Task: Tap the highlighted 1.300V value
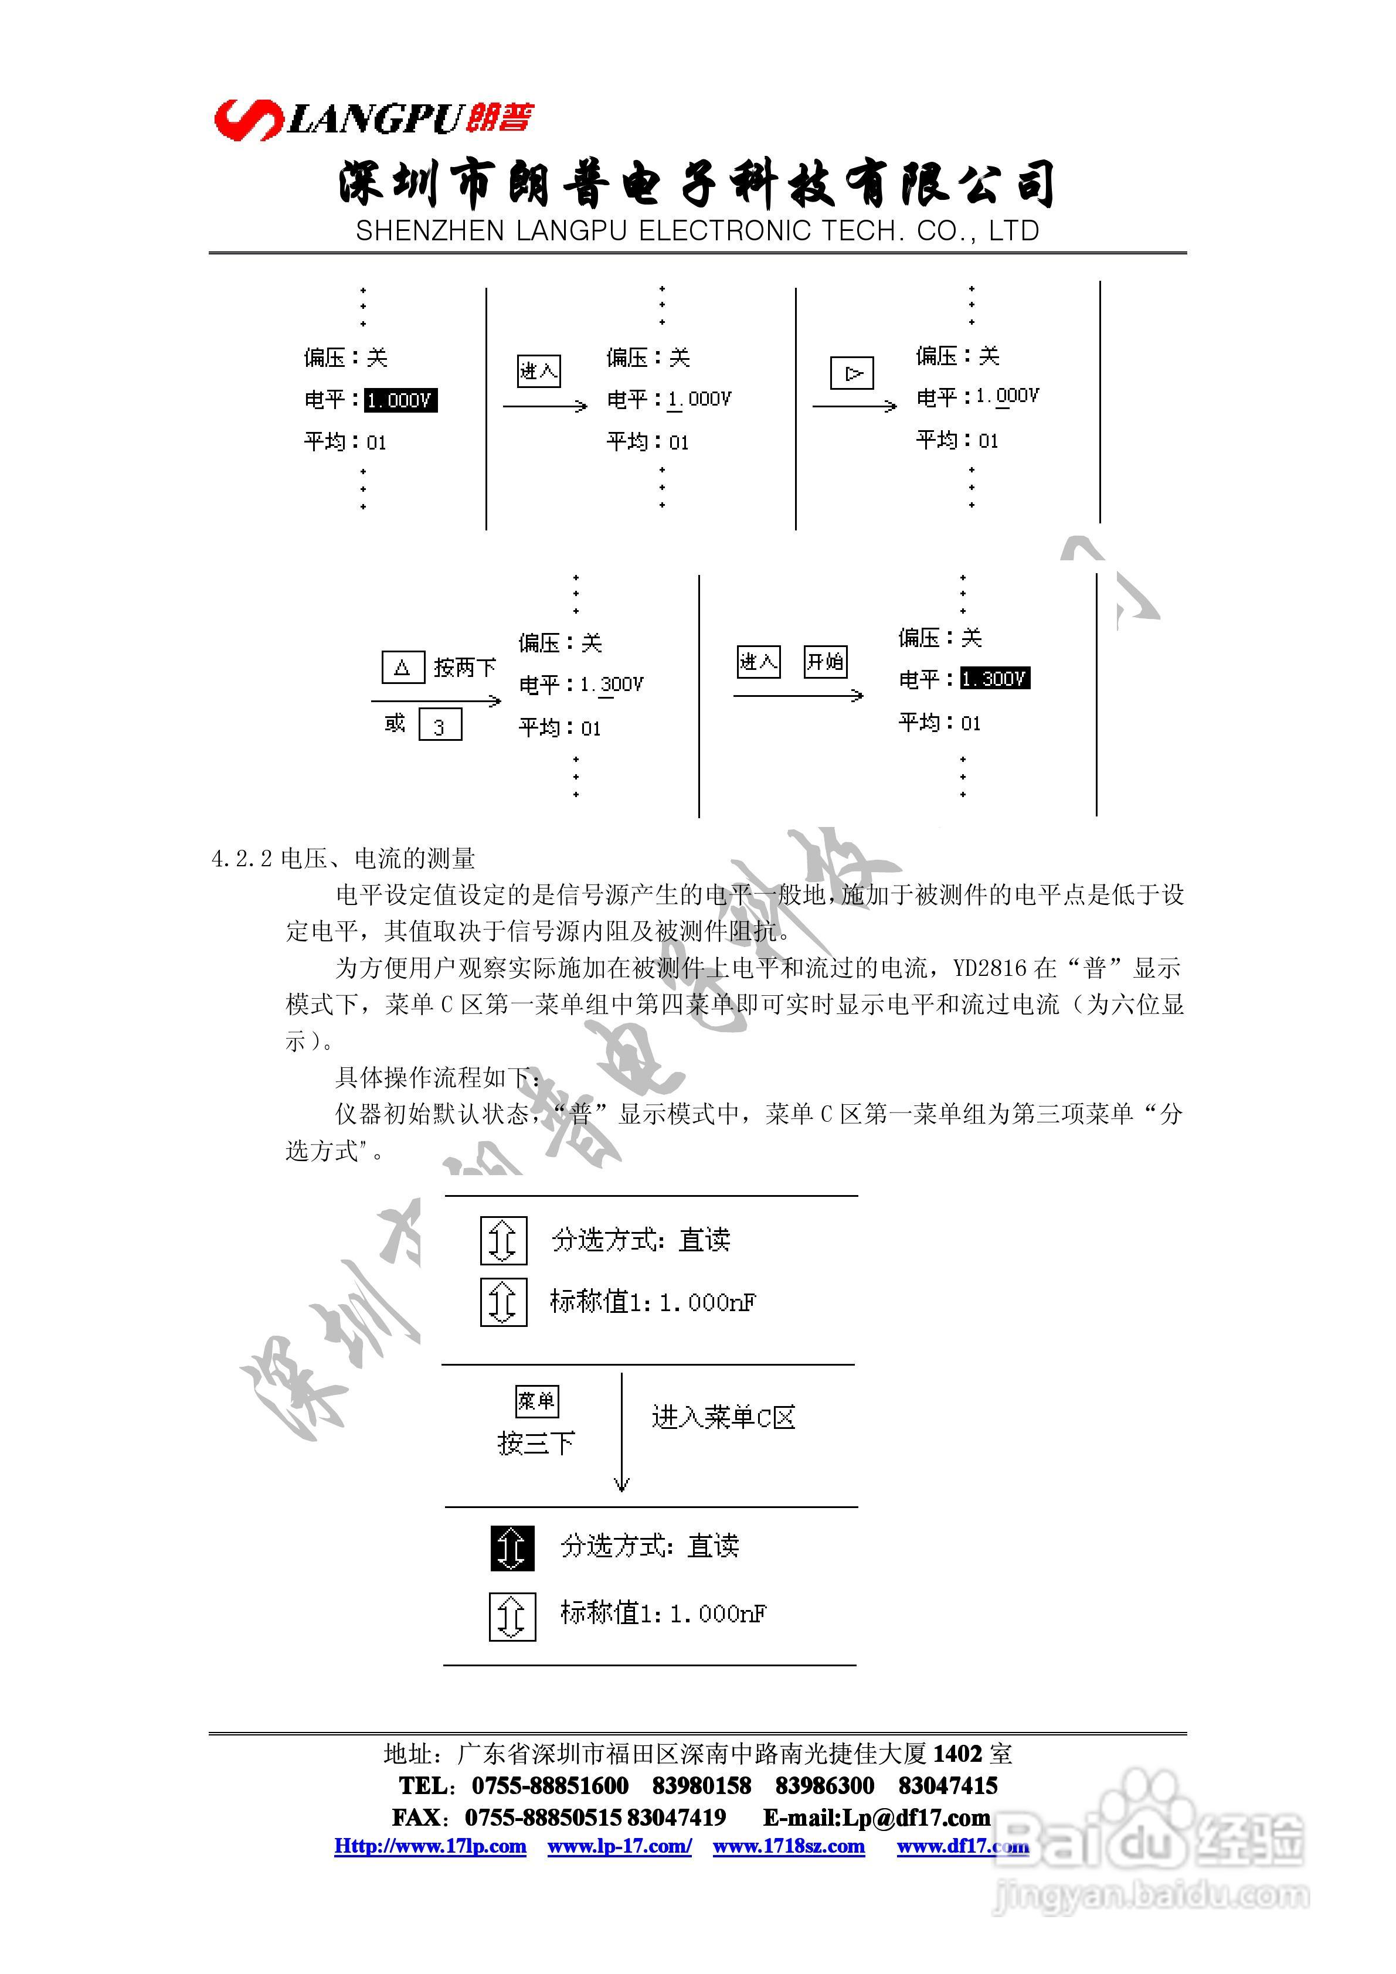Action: pos(994,678)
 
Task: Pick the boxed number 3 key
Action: pos(440,726)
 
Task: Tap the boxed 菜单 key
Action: pos(536,1401)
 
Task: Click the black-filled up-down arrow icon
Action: pos(512,1547)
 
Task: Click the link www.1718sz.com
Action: pos(789,1846)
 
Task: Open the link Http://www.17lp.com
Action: pos(430,1846)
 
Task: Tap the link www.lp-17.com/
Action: pos(619,1846)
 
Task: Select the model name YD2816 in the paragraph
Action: pos(990,968)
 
